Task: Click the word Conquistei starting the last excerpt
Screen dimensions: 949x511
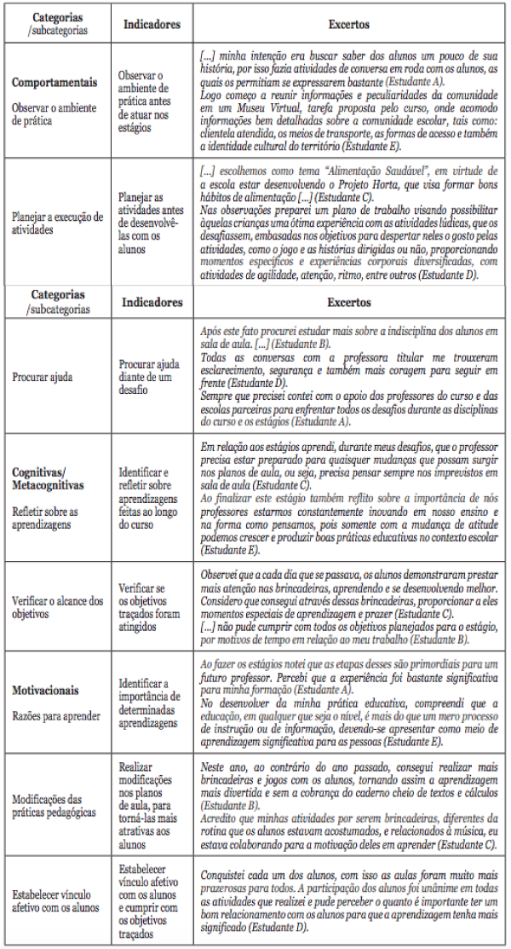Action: click(227, 876)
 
